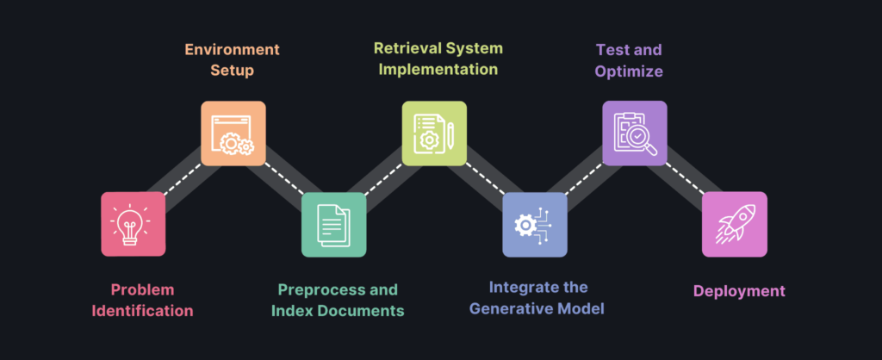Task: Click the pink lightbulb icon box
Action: coord(134,224)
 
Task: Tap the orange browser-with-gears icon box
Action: coord(233,133)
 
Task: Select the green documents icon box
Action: coord(333,224)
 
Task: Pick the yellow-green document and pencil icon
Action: coord(434,133)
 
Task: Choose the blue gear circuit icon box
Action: coord(535,224)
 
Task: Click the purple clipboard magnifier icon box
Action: coord(634,133)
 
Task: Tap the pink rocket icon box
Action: coord(734,224)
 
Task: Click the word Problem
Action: coord(143,289)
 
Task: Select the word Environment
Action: coord(233,48)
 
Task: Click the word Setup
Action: coord(233,70)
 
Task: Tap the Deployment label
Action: coord(739,291)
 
